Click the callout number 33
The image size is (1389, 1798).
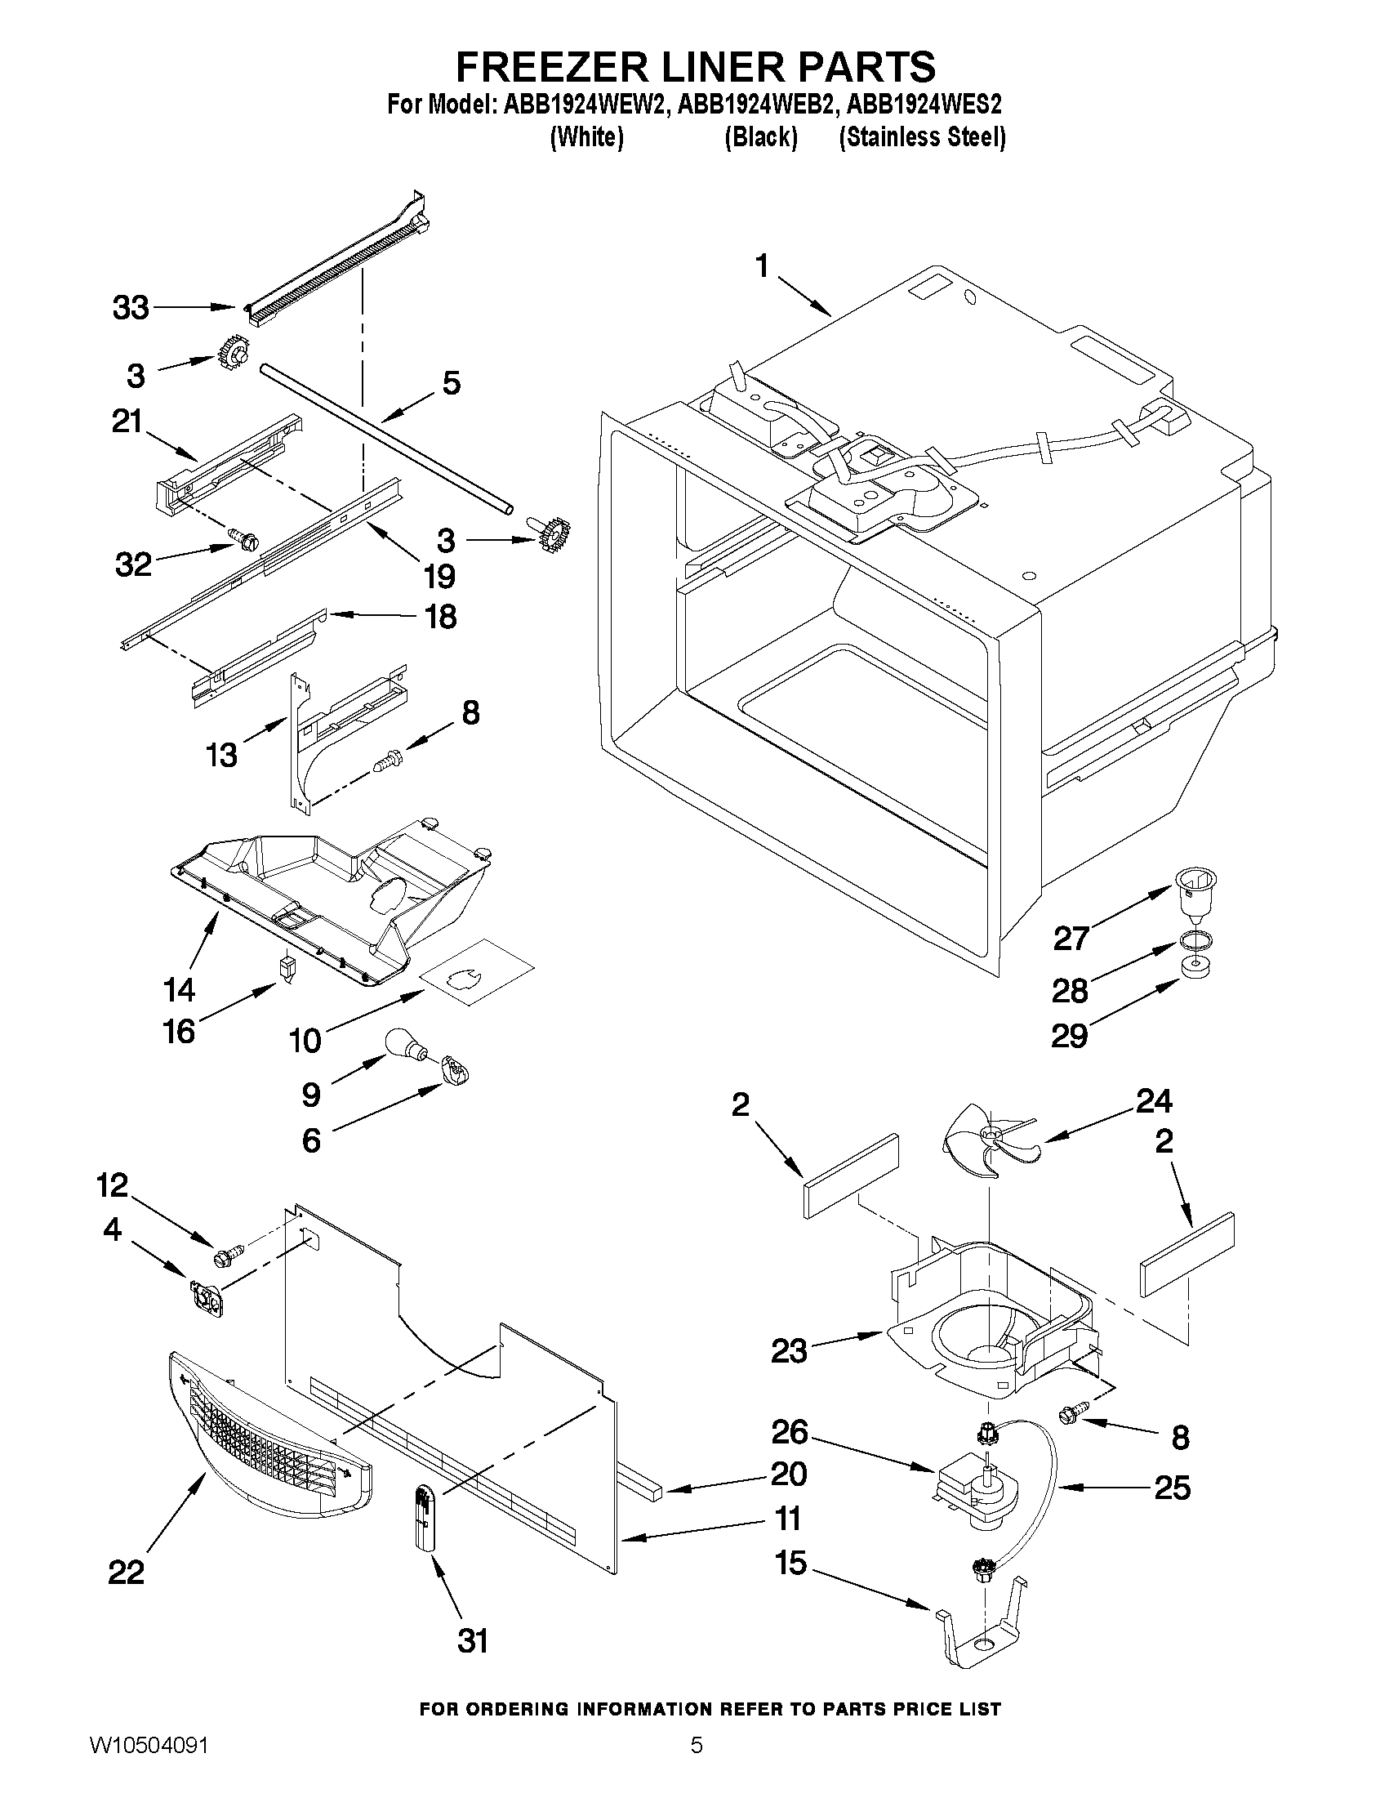pos(131,308)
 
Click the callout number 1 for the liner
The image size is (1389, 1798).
pos(762,268)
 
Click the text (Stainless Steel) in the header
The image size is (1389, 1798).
pos(922,136)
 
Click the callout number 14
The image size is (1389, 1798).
pos(179,988)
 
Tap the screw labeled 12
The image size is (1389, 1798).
pos(225,1279)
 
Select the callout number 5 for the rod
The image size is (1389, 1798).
pos(452,382)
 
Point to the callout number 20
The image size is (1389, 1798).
pos(787,1474)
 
